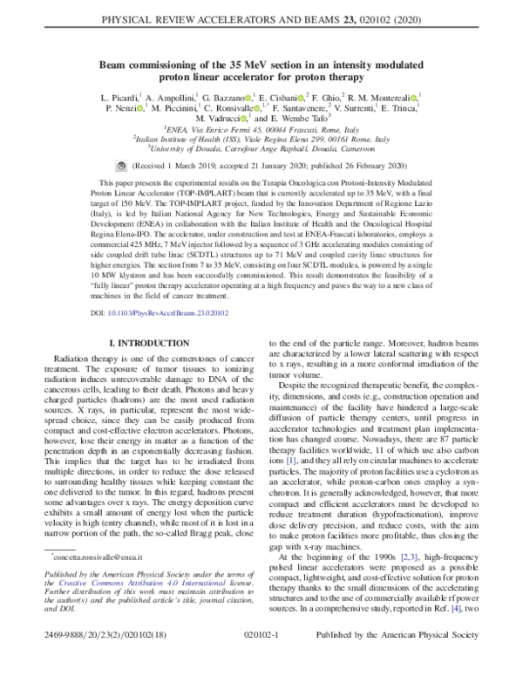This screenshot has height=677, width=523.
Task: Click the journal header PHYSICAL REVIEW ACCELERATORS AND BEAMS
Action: coord(261,15)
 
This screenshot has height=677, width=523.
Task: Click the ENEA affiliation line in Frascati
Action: coord(261,128)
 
